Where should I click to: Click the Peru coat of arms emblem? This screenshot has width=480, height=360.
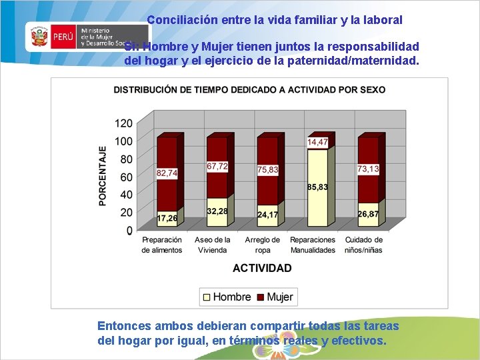click(40, 37)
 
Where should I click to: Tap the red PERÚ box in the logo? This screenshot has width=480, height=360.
click(63, 37)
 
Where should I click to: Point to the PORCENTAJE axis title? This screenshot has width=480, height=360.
click(103, 176)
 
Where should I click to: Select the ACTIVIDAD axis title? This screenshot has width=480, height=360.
click(262, 268)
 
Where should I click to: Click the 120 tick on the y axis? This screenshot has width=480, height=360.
click(124, 123)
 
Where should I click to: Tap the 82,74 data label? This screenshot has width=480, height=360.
click(167, 173)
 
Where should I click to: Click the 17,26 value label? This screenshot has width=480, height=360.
click(167, 218)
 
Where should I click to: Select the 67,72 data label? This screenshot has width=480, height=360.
click(217, 166)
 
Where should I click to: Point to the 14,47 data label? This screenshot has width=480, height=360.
click(317, 142)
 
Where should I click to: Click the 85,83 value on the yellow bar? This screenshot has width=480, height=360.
click(317, 187)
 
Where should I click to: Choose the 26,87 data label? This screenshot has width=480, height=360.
click(368, 214)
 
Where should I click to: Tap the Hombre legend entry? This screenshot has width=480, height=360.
click(226, 297)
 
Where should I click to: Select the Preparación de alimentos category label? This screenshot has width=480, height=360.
click(161, 245)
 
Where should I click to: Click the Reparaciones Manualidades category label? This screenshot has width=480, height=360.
click(313, 245)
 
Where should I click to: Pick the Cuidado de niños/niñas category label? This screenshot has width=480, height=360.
click(364, 245)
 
